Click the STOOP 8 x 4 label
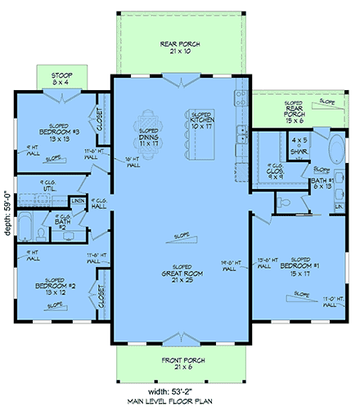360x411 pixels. pyautogui.click(x=56, y=79)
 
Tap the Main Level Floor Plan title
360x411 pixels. pyautogui.click(x=182, y=403)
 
